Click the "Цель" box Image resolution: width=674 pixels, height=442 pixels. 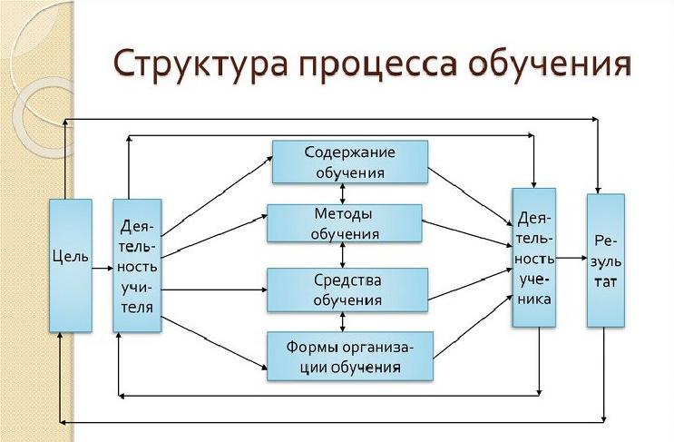tap(70, 264)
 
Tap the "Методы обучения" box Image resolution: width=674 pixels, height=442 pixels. tap(343, 223)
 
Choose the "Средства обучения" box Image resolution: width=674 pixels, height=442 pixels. tap(347, 289)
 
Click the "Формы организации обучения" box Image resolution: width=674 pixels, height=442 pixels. tap(349, 355)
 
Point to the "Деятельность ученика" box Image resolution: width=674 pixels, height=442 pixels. tap(534, 257)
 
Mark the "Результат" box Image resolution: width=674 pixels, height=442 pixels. tap(605, 260)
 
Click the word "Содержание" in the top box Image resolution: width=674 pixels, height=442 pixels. tap(350, 152)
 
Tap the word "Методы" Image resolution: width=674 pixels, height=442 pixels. tap(344, 214)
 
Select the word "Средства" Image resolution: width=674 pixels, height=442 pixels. tap(347, 280)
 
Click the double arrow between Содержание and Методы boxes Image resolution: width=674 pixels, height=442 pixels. tap(342, 193)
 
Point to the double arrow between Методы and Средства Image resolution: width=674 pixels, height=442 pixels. tap(342, 256)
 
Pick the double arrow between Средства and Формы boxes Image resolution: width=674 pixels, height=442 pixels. tap(342, 320)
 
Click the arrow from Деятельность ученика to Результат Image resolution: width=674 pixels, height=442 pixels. tap(571, 258)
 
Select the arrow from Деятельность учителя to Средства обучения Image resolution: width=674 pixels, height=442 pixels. tap(213, 290)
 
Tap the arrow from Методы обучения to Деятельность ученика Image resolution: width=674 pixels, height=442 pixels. tap(466, 234)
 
